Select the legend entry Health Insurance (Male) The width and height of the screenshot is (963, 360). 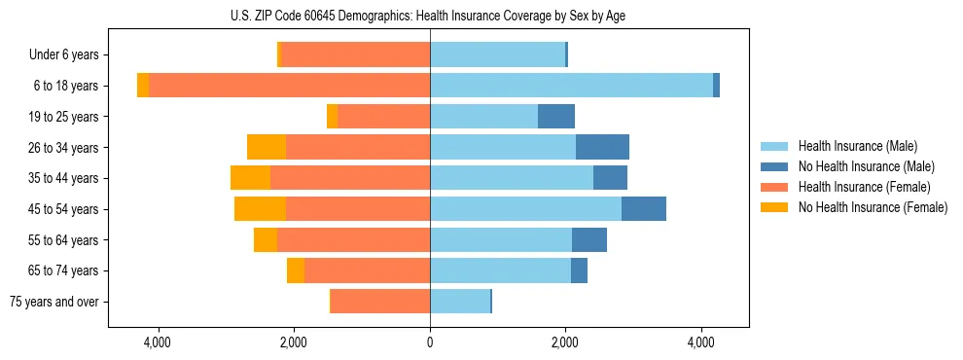coord(856,146)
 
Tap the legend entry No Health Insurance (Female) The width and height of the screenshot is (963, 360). coord(873,207)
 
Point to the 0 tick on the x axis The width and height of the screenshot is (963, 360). coord(430,342)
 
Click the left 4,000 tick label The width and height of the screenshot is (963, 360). coord(158,342)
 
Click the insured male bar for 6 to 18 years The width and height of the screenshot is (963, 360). coord(571,86)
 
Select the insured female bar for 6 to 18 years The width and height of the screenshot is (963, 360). coord(289,86)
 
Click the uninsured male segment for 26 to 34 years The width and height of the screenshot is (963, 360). coord(602,147)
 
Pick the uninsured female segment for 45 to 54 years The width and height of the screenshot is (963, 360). coord(260,209)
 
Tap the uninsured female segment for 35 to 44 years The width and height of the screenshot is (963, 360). coord(250,178)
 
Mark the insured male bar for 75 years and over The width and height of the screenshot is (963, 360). coord(460,302)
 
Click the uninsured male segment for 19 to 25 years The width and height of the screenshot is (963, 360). coord(556,117)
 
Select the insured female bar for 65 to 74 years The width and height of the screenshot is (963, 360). coord(367,270)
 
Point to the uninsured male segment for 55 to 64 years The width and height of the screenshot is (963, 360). coord(589,239)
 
